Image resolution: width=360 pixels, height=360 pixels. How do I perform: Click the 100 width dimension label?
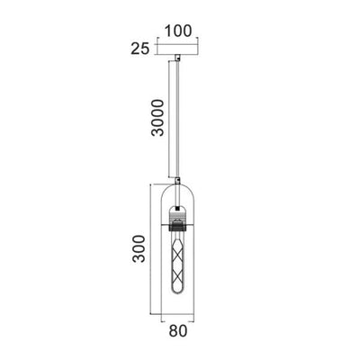178,31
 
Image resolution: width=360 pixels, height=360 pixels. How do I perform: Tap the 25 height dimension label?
140,49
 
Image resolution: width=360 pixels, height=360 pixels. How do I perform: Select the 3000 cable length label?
158,118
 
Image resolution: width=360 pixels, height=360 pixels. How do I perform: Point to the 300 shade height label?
139,249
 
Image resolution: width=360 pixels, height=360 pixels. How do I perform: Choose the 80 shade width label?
178,331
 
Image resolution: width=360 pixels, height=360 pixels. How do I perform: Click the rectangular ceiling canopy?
178,49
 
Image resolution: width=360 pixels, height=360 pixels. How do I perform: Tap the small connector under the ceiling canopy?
178,57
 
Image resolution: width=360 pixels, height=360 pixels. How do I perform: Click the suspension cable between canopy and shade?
178,119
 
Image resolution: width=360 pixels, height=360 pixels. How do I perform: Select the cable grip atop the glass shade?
178,181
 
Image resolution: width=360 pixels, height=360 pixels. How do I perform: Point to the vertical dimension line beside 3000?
169,119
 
